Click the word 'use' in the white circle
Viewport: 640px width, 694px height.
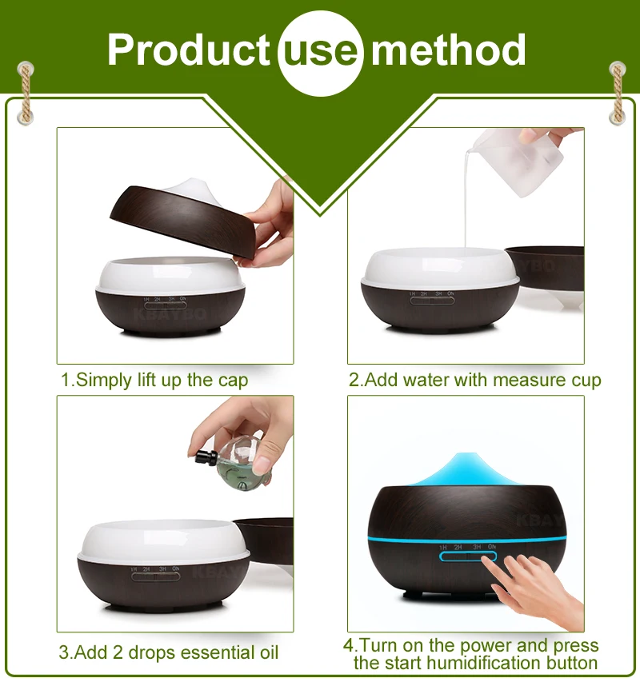point(320,53)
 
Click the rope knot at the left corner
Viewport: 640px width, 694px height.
point(26,93)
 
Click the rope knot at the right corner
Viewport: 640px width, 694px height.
point(618,93)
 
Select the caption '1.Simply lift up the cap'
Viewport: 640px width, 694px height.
point(154,381)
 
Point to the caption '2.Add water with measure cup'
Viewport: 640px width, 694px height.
point(474,381)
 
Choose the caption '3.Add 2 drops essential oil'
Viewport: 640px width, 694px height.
point(168,652)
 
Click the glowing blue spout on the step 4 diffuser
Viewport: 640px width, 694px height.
point(466,469)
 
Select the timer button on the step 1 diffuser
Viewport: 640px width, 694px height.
point(166,305)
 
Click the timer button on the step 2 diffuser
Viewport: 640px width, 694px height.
point(432,301)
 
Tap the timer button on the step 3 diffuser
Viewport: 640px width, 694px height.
point(155,576)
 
